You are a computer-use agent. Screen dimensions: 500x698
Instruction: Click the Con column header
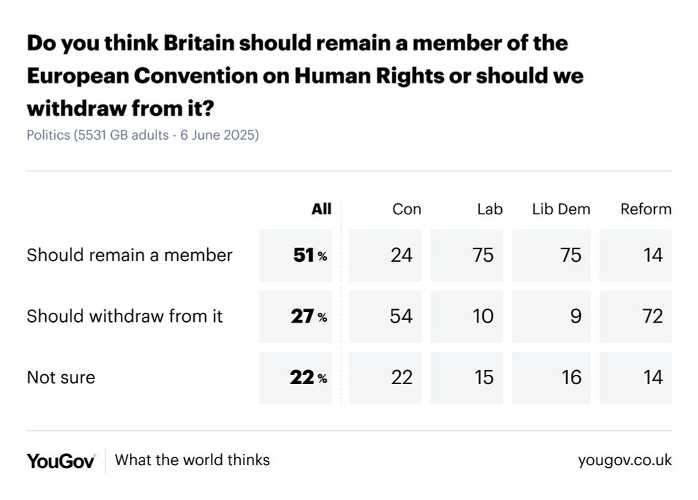pos(406,209)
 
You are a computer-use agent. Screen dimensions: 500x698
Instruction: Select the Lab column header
pos(489,209)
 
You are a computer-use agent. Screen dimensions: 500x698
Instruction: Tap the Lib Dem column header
pos(560,209)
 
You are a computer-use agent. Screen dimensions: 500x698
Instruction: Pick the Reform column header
pos(646,209)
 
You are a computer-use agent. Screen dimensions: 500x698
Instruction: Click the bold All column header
pos(321,209)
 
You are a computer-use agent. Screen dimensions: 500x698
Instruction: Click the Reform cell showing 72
pos(652,316)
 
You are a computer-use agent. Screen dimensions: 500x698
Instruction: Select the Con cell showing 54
pos(401,316)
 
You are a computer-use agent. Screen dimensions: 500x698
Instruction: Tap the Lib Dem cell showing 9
pos(575,316)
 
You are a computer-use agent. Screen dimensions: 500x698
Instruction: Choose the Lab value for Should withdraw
pos(483,316)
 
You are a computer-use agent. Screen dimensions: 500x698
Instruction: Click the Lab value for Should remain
pos(483,255)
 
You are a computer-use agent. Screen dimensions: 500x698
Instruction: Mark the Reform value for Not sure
pos(652,377)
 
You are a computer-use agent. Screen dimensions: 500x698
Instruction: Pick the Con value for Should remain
pos(401,255)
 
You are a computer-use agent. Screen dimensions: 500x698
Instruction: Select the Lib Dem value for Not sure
pos(571,377)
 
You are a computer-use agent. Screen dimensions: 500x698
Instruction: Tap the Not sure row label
pos(61,377)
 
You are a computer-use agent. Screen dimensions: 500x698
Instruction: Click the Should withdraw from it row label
pos(124,316)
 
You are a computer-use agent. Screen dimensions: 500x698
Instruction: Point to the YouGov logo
pos(61,460)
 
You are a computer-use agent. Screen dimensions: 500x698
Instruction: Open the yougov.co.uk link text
pos(625,460)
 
